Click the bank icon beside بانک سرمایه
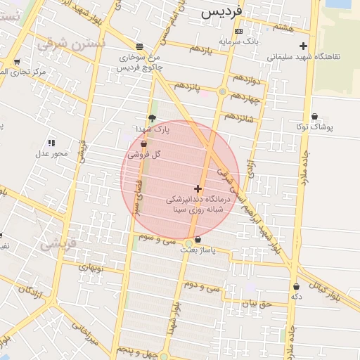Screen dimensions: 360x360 coord(238,31)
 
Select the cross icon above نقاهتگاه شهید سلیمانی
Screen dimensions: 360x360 coord(304,46)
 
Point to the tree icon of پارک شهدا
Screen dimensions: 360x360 coord(152,118)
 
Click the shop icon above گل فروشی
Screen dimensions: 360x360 coord(144,143)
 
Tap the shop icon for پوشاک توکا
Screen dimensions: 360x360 coord(314,116)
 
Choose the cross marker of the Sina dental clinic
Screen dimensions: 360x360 coord(198,188)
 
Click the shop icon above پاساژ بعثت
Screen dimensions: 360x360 coord(198,239)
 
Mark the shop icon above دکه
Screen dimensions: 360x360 coord(296,286)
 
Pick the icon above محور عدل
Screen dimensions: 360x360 coord(51,143)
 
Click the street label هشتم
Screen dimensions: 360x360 coord(285,27)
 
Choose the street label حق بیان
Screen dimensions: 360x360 coord(257,304)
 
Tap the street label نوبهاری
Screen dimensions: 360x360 coord(89,267)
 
